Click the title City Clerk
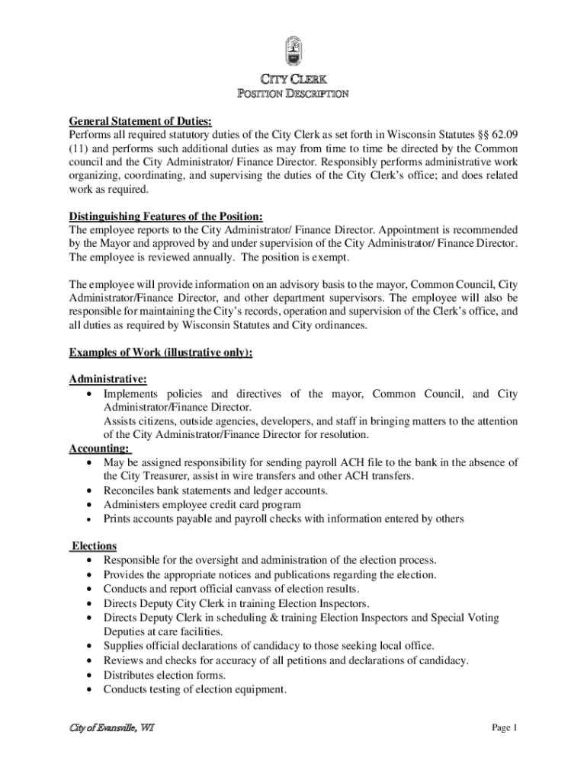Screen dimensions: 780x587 293,79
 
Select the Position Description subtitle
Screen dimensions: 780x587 293,94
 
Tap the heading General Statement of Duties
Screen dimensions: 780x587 140,121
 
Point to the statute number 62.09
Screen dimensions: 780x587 504,135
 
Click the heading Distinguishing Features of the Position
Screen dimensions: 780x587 171,216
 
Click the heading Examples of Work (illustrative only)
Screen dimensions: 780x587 160,353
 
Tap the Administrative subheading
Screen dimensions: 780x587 108,379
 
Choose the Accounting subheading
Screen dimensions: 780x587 99,449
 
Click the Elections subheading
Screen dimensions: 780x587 94,546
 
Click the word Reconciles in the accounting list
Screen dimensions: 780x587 130,491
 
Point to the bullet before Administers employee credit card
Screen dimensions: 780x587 91,505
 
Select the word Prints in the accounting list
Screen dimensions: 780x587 117,519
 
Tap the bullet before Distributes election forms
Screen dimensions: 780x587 91,676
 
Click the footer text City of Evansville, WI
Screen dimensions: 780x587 112,728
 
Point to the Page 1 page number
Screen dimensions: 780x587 505,728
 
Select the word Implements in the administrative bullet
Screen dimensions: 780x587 131,394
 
